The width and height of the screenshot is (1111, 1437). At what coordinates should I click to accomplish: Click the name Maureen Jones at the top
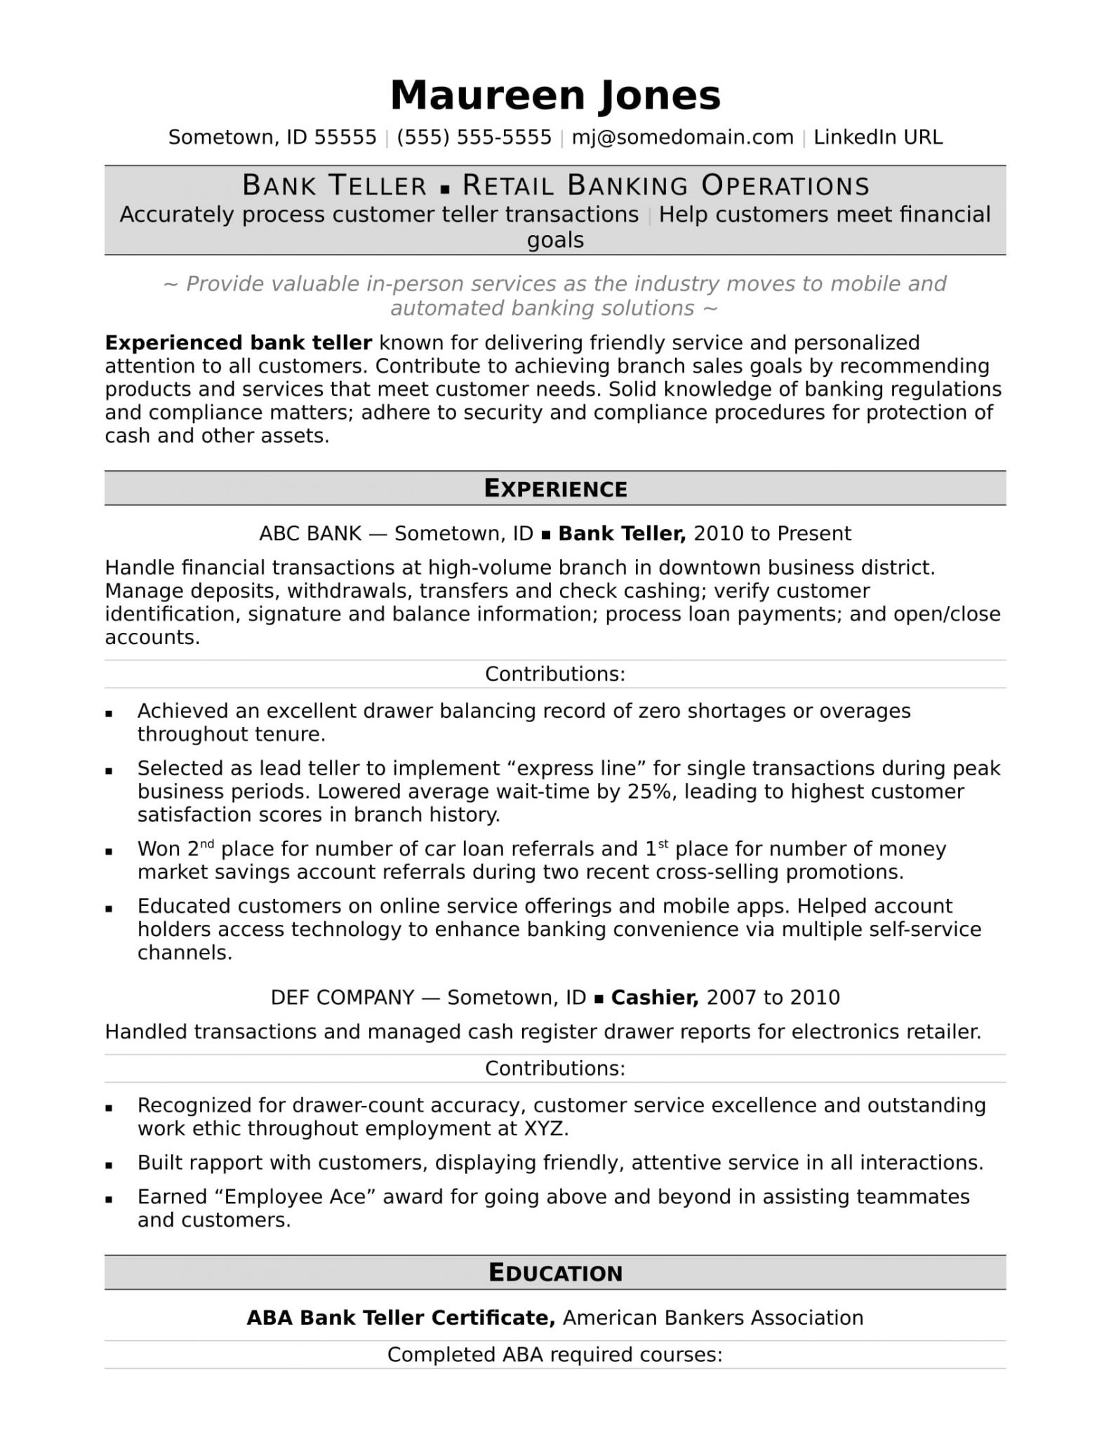pos(555,95)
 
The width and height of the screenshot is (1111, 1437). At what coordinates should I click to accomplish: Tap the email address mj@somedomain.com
pos(682,138)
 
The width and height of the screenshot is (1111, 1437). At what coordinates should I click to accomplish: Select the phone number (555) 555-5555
pos(474,138)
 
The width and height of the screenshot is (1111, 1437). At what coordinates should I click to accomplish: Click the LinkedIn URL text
pos(877,138)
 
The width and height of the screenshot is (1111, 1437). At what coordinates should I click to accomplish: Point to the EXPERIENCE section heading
pos(555,489)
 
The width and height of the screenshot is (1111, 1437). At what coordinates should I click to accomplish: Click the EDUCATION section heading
pos(555,1273)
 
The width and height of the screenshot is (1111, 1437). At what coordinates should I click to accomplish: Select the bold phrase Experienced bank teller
pos(238,343)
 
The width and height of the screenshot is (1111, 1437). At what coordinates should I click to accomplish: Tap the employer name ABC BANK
pos(310,534)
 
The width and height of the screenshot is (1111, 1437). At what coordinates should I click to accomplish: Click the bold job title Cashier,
pos(654,998)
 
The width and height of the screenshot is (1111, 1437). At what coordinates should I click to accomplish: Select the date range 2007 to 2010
pos(773,998)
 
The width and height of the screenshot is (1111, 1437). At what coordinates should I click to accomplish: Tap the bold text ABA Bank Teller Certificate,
pos(401,1318)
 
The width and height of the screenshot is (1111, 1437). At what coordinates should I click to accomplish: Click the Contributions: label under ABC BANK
pos(554,674)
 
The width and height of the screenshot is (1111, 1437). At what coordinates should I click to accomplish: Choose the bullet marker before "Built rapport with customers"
pos(109,1165)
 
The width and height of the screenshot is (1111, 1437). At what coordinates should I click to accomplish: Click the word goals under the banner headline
pos(555,240)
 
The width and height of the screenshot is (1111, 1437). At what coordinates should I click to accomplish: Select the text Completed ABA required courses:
pos(554,1354)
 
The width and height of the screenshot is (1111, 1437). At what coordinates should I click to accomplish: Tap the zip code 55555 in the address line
pos(345,138)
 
